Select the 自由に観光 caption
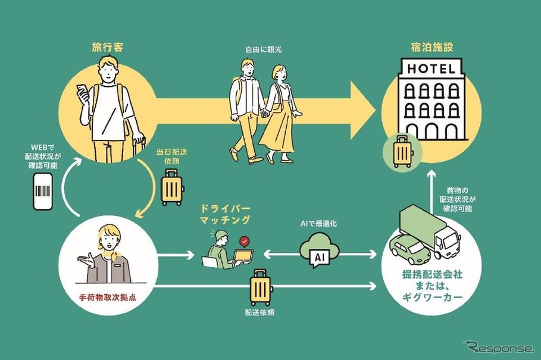(x=262, y=50)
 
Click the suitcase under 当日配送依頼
(x=173, y=187)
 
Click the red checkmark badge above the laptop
(x=243, y=242)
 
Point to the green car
(x=409, y=250)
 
